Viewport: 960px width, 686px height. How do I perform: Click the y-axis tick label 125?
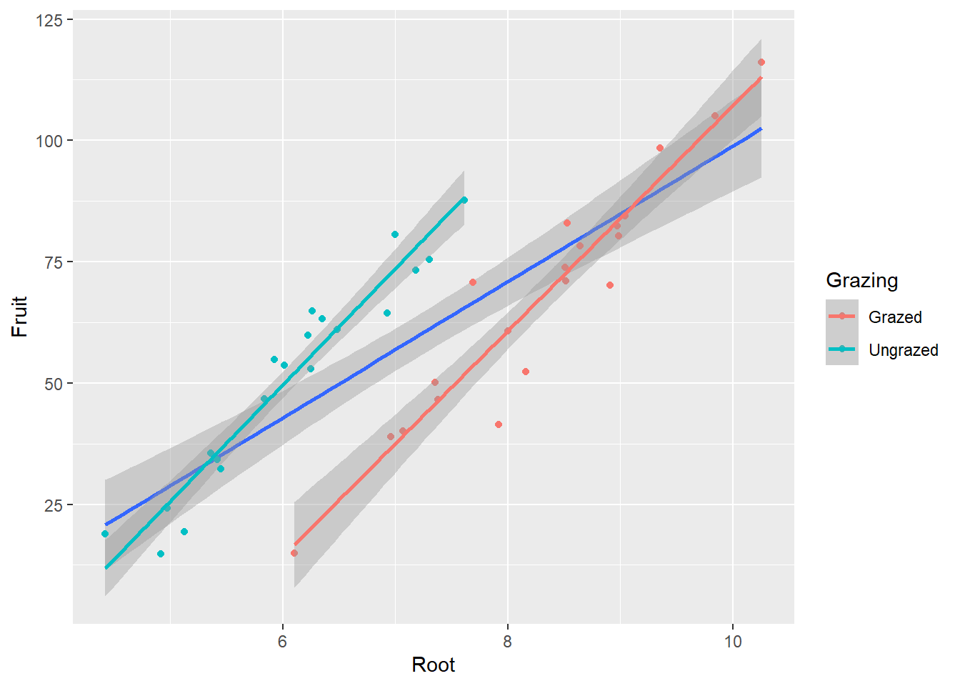click(49, 19)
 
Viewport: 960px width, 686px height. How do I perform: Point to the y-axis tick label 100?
click(49, 141)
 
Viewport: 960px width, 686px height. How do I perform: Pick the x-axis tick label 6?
click(282, 641)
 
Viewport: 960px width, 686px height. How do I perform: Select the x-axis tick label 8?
click(507, 641)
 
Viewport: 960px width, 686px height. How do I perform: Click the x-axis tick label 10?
click(733, 641)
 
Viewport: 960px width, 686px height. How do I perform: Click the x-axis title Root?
click(433, 665)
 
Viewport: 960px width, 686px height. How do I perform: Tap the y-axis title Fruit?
click(19, 317)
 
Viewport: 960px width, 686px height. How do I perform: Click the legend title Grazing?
click(861, 280)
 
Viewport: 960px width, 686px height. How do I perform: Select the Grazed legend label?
click(895, 317)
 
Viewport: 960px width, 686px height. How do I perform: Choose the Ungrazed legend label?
click(903, 350)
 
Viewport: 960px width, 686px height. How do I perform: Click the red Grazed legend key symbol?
click(842, 316)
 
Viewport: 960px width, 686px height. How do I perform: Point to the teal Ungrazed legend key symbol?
click(842, 349)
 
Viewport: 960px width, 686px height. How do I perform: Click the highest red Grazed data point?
click(761, 62)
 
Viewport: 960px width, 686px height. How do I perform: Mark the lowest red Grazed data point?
click(294, 553)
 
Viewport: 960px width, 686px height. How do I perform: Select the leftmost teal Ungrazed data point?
click(105, 534)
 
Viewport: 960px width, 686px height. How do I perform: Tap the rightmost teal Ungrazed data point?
click(464, 200)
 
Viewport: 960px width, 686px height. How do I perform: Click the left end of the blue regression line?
click(106, 525)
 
